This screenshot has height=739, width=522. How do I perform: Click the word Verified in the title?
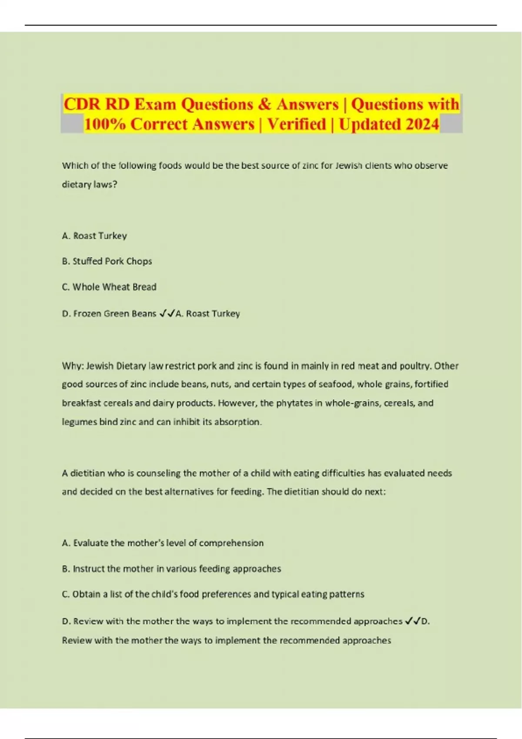pyautogui.click(x=297, y=124)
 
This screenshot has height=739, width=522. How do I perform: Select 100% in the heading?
pyautogui.click(x=105, y=124)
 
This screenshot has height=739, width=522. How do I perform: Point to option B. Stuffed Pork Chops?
pyautogui.click(x=107, y=261)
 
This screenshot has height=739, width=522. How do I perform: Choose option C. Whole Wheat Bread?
pyautogui.click(x=109, y=287)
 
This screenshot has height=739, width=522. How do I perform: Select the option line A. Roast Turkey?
pyautogui.click(x=94, y=236)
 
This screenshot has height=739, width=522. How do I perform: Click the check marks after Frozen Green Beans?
pyautogui.click(x=167, y=313)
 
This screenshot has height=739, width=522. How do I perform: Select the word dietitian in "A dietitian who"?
pyautogui.click(x=88, y=473)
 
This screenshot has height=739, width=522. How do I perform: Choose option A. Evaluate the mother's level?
pyautogui.click(x=163, y=543)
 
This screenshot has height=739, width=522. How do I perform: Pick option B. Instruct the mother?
pyautogui.click(x=171, y=569)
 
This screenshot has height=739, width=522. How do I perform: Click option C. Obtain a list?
pyautogui.click(x=213, y=594)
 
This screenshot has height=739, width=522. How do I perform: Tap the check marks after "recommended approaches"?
pyautogui.click(x=412, y=621)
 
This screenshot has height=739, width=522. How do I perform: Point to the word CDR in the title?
pyautogui.click(x=83, y=104)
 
